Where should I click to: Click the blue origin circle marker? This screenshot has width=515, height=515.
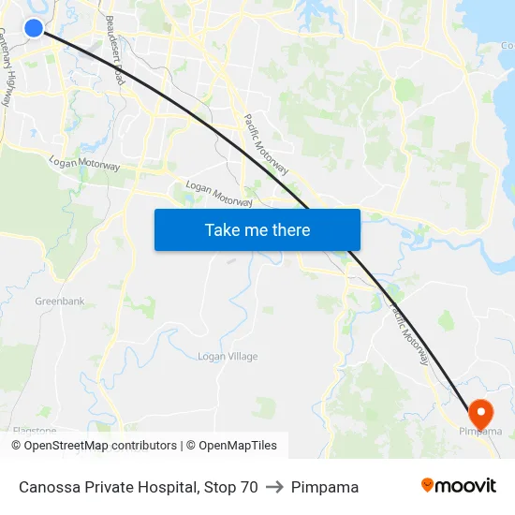(x=34, y=28)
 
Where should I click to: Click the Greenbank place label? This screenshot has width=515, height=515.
(x=60, y=302)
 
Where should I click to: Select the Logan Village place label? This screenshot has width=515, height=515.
(x=228, y=357)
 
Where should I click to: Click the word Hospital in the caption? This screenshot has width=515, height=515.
(x=164, y=487)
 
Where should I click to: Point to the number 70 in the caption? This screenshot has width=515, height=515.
(x=248, y=487)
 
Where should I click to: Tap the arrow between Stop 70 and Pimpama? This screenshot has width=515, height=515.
(x=274, y=487)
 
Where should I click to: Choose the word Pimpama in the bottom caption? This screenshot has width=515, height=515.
(x=325, y=487)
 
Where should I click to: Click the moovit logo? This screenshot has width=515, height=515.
(x=458, y=486)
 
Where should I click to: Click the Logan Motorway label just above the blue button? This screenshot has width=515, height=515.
(x=219, y=194)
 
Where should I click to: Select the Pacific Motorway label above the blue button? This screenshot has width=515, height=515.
(x=267, y=145)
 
